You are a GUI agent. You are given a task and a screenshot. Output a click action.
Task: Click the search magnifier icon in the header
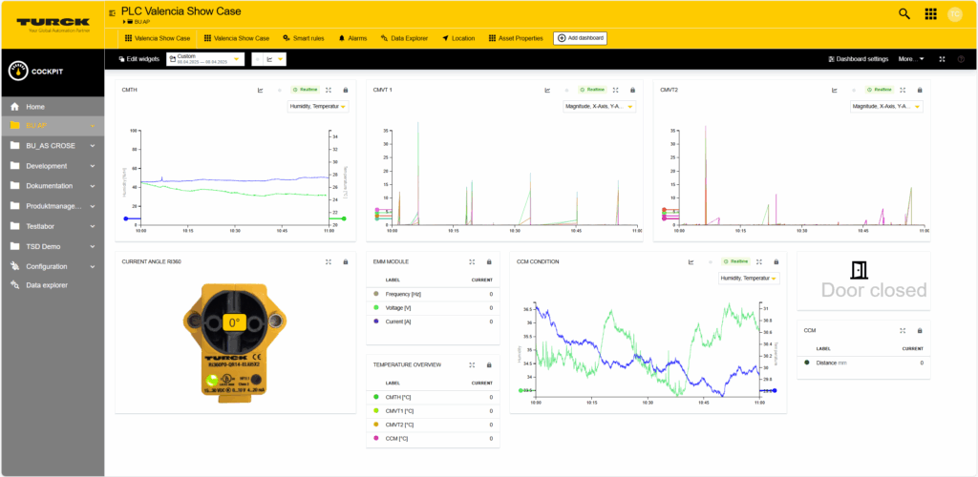point(904,13)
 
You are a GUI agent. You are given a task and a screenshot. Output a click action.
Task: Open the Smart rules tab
point(304,38)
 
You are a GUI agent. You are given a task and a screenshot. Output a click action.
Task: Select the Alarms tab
point(352,38)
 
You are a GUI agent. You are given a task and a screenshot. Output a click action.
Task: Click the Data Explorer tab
point(406,38)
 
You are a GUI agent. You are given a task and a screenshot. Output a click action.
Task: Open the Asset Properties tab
point(516,38)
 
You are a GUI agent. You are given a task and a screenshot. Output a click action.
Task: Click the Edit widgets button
point(138,59)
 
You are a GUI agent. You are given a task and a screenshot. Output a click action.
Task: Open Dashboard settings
point(858,59)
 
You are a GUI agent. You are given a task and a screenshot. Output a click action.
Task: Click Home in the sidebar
point(35,107)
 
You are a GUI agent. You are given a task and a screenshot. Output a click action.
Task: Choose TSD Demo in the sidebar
point(43,246)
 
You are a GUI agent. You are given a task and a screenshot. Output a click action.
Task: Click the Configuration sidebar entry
point(47,266)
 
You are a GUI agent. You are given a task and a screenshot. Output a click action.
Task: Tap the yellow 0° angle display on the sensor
point(234,322)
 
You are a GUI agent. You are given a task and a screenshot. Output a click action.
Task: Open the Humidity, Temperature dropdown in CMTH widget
point(318,107)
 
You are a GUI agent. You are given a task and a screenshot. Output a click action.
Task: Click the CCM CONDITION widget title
point(538,261)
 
